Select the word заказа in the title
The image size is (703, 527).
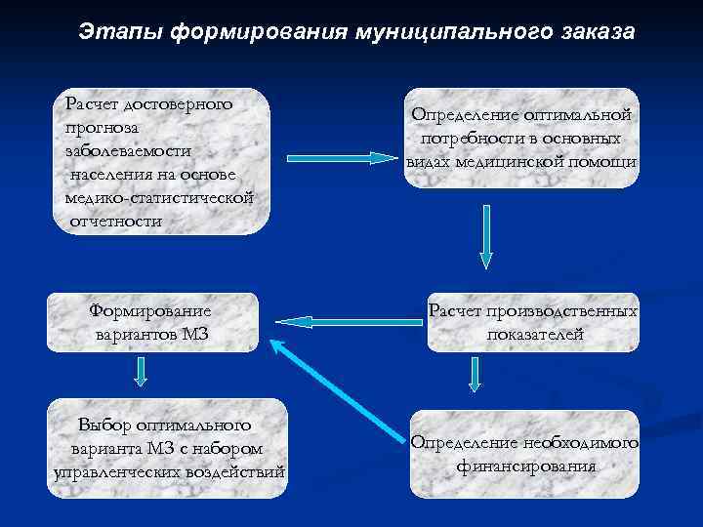coord(598,32)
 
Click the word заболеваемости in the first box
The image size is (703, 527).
coord(128,150)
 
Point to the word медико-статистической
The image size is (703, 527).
coord(159,197)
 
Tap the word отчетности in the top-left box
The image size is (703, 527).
coord(115,221)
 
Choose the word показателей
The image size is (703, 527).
coord(535,335)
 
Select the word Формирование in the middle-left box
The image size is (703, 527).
coord(148,311)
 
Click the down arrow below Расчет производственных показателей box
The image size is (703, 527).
coord(476,373)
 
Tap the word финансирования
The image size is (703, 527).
coord(525,466)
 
